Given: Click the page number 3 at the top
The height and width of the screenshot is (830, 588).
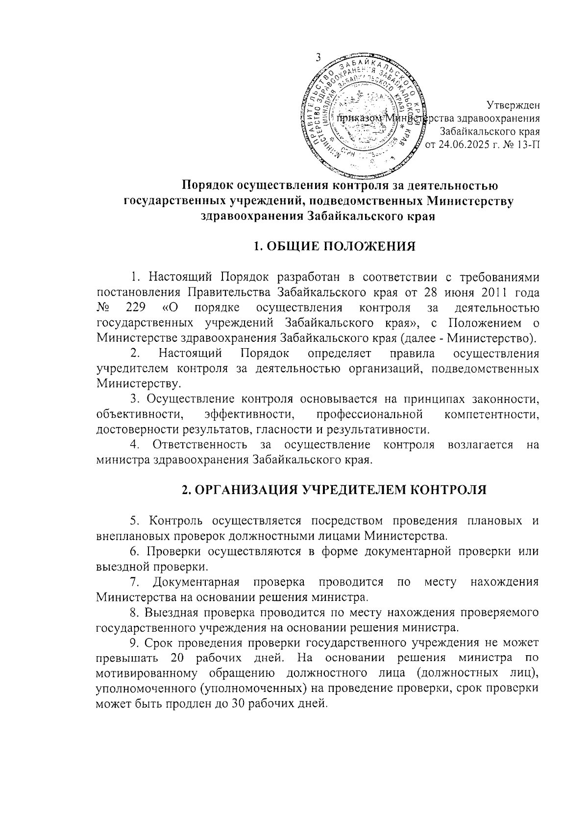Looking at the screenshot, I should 318,58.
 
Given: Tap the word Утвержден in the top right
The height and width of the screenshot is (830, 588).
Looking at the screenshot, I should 513,104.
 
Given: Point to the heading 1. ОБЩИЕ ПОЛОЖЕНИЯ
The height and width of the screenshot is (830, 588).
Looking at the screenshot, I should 334,246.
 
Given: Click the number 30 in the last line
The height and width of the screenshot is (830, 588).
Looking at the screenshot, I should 237,704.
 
